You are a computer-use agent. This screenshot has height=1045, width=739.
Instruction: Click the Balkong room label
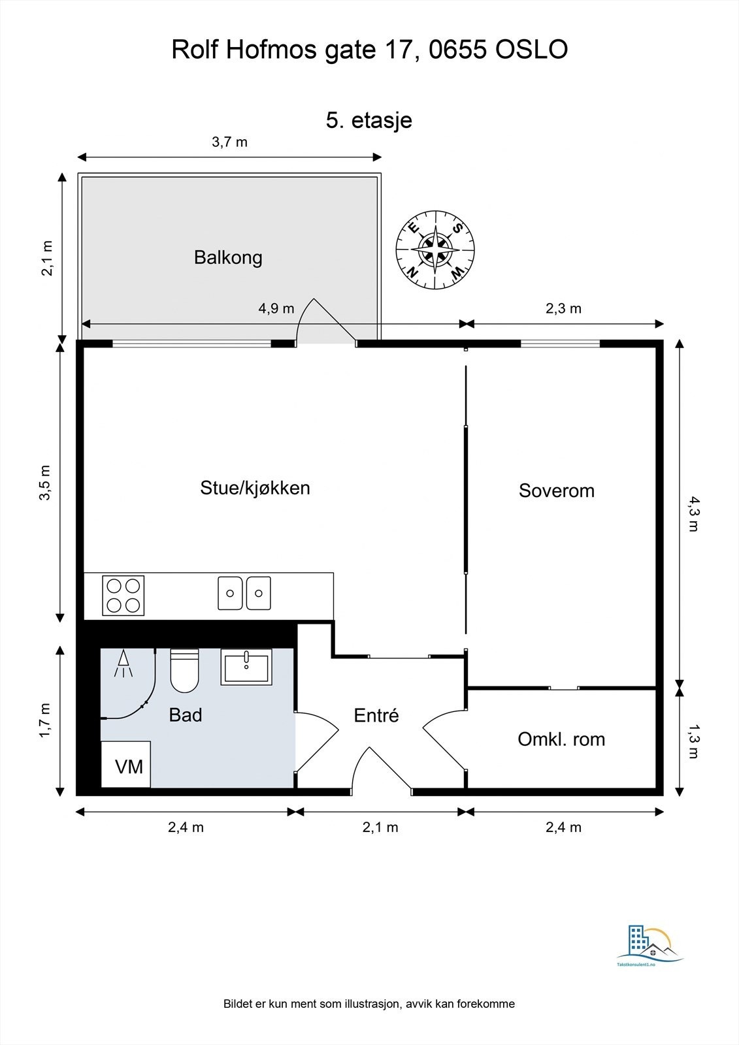point(228,257)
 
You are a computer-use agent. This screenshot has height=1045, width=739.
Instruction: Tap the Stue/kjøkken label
point(255,488)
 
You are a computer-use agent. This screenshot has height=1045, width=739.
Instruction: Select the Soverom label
point(557,490)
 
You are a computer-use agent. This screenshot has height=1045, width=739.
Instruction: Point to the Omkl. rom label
point(561,739)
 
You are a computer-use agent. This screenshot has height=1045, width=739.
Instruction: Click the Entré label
point(376,715)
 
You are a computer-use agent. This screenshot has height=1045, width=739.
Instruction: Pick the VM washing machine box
point(126,764)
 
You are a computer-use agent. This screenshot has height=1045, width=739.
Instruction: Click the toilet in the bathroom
point(185,671)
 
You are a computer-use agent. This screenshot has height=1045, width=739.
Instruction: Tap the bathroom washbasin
point(246,667)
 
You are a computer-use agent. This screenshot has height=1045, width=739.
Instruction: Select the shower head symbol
point(123,663)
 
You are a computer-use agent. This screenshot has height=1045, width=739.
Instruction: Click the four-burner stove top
point(123,595)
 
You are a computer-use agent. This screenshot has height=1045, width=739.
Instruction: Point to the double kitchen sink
point(244,593)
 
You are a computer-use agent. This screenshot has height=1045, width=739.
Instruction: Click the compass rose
point(436,249)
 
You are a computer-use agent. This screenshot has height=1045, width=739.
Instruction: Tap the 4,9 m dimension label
point(276,308)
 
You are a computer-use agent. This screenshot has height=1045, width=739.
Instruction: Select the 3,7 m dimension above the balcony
point(230,142)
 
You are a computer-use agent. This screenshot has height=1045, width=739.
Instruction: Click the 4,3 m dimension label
point(693,513)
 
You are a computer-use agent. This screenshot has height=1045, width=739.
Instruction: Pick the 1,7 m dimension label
point(46,720)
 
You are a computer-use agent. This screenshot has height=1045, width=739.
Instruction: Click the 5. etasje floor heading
point(369,120)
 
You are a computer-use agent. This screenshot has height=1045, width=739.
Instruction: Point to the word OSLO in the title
point(531,50)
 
